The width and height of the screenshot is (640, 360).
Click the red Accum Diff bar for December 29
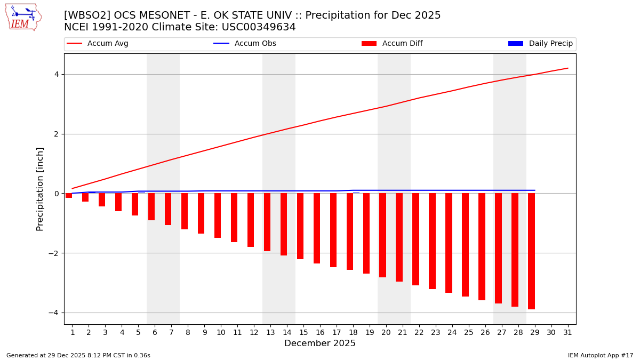tap(531, 251)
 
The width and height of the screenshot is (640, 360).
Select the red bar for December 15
tap(300, 226)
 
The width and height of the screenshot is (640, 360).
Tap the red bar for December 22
tap(415, 239)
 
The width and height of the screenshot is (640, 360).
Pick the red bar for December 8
tap(185, 211)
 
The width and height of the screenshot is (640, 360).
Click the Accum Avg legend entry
tap(98, 44)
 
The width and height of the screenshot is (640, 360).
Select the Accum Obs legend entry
tap(245, 44)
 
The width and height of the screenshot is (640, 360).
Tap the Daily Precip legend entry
tap(540, 44)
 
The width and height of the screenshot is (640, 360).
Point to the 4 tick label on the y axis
tap(55, 74)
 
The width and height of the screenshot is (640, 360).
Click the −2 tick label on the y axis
tap(53, 253)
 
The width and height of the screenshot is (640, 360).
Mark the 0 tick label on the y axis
tap(55, 194)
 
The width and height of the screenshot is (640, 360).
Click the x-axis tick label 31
tap(567, 332)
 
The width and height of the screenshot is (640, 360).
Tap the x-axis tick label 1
tap(73, 332)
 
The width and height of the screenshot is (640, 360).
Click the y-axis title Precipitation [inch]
tap(40, 189)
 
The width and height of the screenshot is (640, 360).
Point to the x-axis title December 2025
tap(320, 343)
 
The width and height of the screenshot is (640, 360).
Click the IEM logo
tap(23, 17)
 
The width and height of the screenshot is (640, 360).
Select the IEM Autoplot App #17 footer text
tap(600, 355)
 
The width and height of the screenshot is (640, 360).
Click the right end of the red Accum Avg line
tap(567, 68)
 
